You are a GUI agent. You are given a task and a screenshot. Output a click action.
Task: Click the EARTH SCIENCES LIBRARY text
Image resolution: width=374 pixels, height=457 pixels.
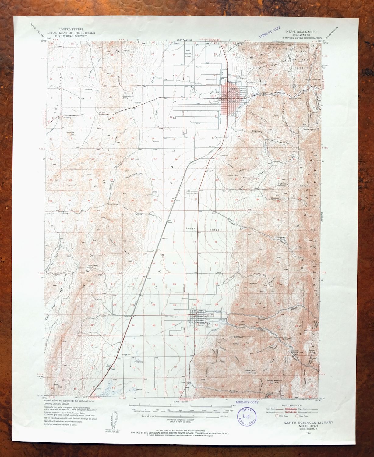(x=309, y=423)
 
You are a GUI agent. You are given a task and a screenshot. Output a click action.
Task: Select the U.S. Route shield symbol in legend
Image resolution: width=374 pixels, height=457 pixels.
(x=277, y=415)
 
